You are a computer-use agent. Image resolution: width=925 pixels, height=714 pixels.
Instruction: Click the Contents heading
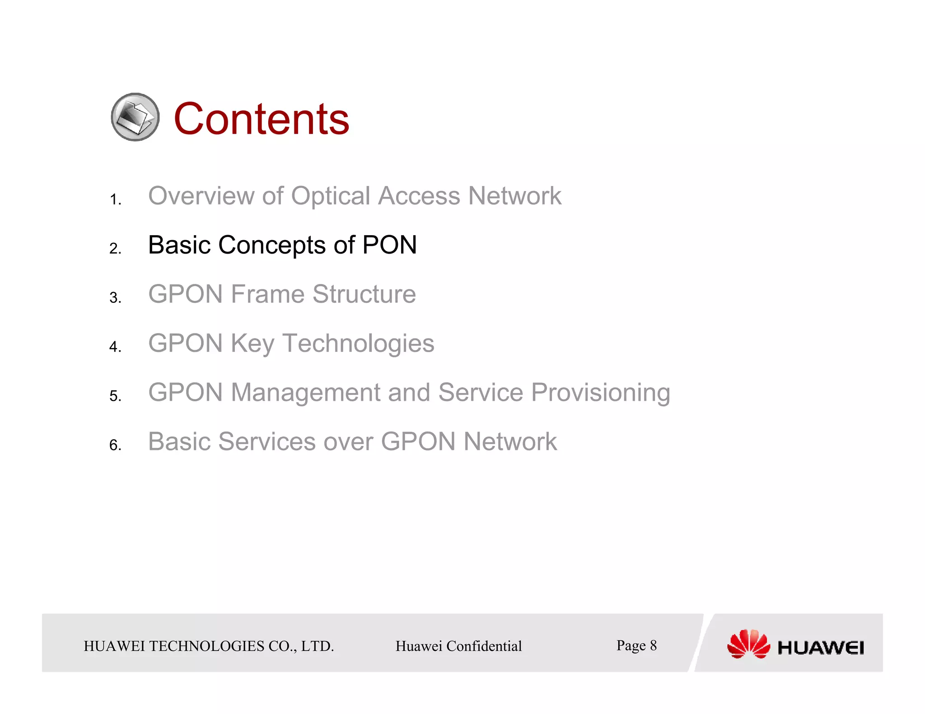click(261, 119)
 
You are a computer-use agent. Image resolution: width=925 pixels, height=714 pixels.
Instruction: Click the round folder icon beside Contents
click(135, 117)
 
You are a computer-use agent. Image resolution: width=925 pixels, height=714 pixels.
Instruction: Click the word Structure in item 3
click(364, 294)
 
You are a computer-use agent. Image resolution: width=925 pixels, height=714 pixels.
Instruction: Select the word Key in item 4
click(252, 343)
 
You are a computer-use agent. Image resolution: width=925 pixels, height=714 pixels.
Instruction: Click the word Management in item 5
click(306, 392)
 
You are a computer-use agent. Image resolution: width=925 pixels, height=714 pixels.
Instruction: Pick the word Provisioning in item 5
click(600, 392)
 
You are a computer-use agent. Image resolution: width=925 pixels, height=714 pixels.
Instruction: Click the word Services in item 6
click(267, 441)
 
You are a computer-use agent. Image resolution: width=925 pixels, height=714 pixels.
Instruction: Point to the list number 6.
click(115, 445)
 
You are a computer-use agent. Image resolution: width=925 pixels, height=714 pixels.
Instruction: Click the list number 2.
click(115, 249)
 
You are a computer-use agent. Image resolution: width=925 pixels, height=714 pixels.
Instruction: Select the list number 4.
click(115, 347)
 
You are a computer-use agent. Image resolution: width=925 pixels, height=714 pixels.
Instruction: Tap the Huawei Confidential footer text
click(458, 646)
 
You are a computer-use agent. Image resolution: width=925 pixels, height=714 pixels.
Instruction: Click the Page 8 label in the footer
click(636, 645)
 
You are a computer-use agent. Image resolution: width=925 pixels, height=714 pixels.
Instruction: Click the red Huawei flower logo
click(748, 644)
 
